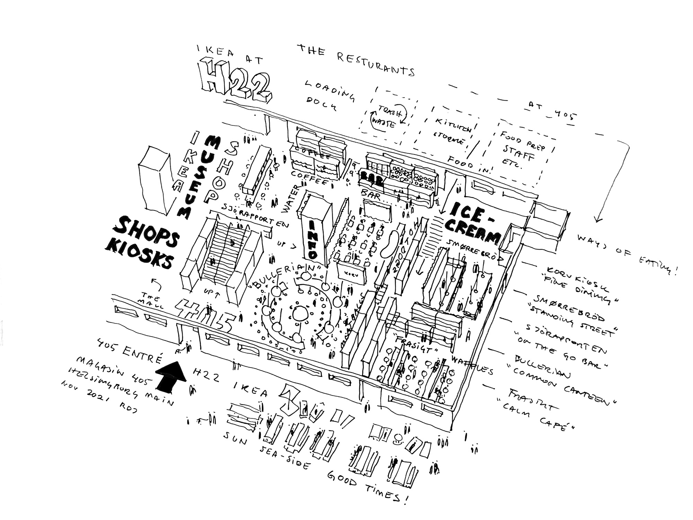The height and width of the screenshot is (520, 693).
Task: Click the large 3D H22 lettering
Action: point(236,81)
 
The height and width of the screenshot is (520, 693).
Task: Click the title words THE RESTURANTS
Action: point(355,61)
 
